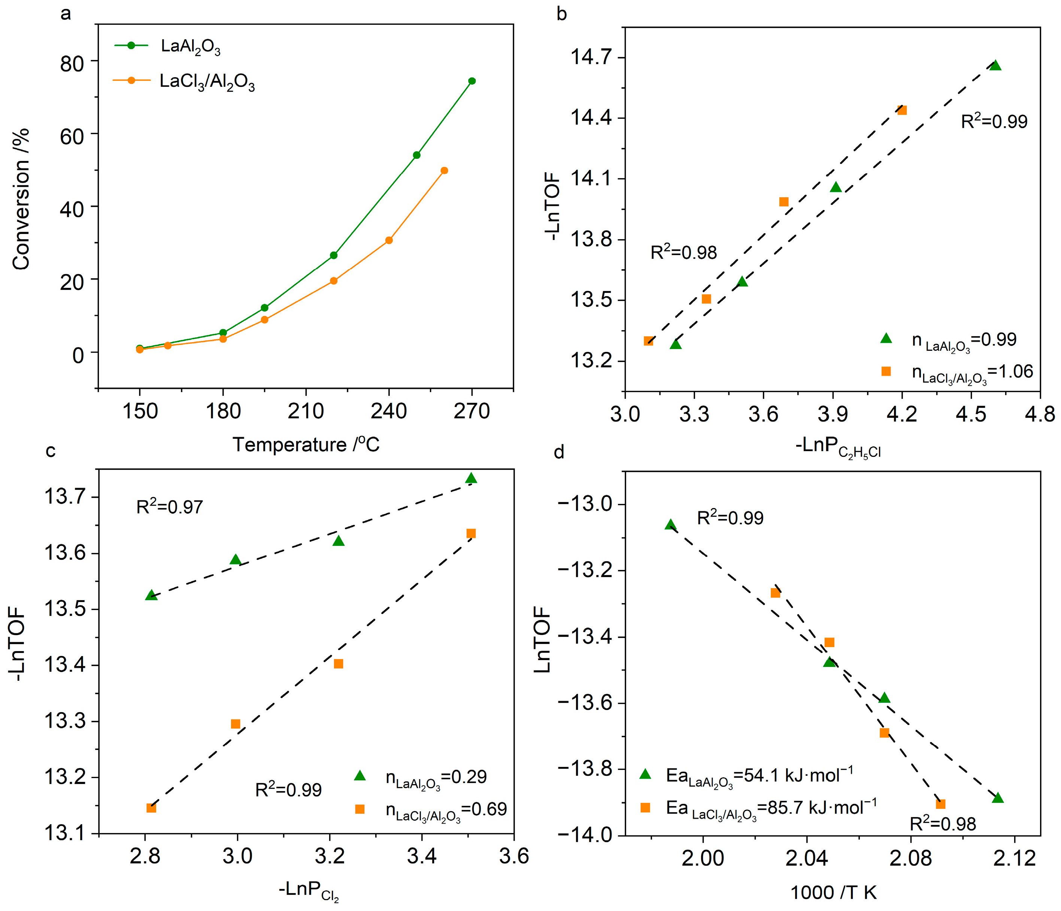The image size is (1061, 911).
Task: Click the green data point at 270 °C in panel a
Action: [472, 81]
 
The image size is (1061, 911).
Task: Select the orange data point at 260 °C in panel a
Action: [444, 170]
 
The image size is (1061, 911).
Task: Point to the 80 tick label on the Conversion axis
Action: [72, 64]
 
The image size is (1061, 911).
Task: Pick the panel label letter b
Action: [562, 14]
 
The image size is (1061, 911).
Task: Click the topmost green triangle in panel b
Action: [995, 66]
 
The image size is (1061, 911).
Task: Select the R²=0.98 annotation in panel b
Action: [683, 252]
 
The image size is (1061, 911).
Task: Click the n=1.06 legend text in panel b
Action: [972, 372]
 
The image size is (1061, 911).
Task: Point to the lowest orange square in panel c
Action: [151, 808]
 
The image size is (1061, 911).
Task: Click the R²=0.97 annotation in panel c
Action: [170, 507]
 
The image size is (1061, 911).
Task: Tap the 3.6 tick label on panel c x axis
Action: [513, 856]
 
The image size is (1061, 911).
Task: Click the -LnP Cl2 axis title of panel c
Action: [308, 890]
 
